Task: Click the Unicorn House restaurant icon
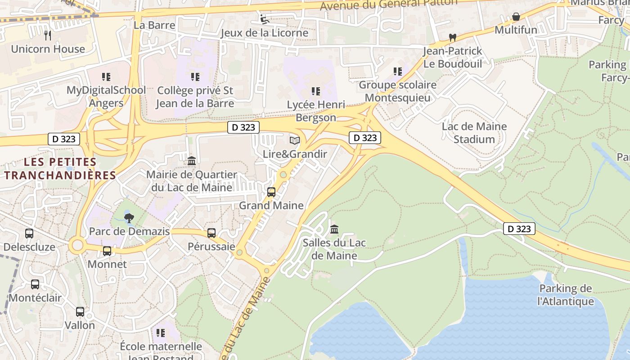coord(48,35)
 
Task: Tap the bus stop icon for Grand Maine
coord(271,192)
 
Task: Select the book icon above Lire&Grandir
coord(295,141)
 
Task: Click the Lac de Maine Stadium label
coord(474,133)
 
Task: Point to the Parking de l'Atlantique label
coord(566,295)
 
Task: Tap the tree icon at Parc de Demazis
coord(129,218)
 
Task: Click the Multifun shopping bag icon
coord(516,17)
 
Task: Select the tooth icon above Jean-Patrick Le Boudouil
coord(453,38)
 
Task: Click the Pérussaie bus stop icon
coord(211,233)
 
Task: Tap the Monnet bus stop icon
coord(107,251)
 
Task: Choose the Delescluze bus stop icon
coord(29,234)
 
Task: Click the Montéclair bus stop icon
coord(35,284)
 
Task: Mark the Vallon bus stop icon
coord(80,311)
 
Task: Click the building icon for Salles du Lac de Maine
coord(334,229)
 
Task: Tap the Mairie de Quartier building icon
coord(192,161)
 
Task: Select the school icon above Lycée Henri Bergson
coord(316,91)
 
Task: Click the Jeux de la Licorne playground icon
coord(265,19)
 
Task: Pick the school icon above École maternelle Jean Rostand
coord(161,333)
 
